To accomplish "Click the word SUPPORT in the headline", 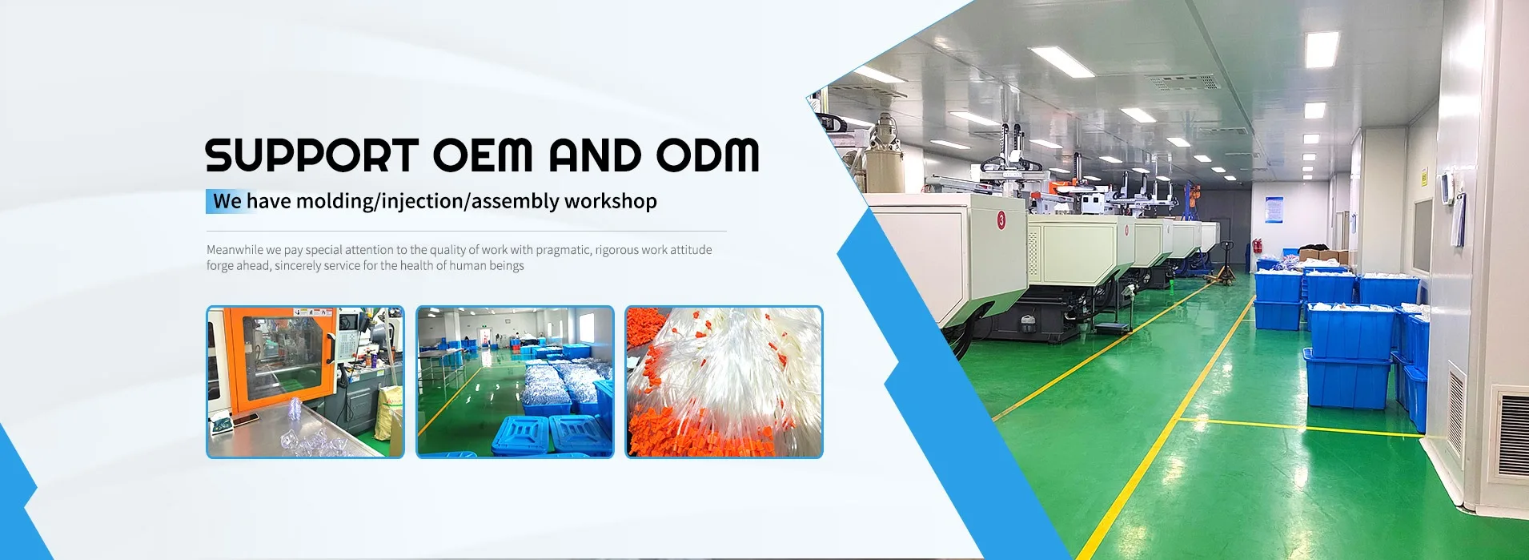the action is coord(311,155).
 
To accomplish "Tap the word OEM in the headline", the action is coord(483,155).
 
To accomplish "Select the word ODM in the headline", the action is coord(708,155).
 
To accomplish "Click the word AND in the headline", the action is coord(595,155).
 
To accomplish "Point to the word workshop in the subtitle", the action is coord(610,201).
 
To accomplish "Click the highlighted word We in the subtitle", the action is coord(227,201).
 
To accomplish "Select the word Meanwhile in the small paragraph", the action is coord(235,250).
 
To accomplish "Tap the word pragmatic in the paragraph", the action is coord(564,250).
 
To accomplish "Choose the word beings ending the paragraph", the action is coord(506,266).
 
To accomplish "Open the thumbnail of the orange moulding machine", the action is coord(305,382).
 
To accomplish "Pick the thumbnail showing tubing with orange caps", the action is coord(724,382).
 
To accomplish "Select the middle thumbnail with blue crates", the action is coord(515,382).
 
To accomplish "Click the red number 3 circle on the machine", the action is coord(1001,220).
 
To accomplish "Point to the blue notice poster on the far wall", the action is coord(1274,209).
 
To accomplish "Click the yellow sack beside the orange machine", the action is coord(390,413).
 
